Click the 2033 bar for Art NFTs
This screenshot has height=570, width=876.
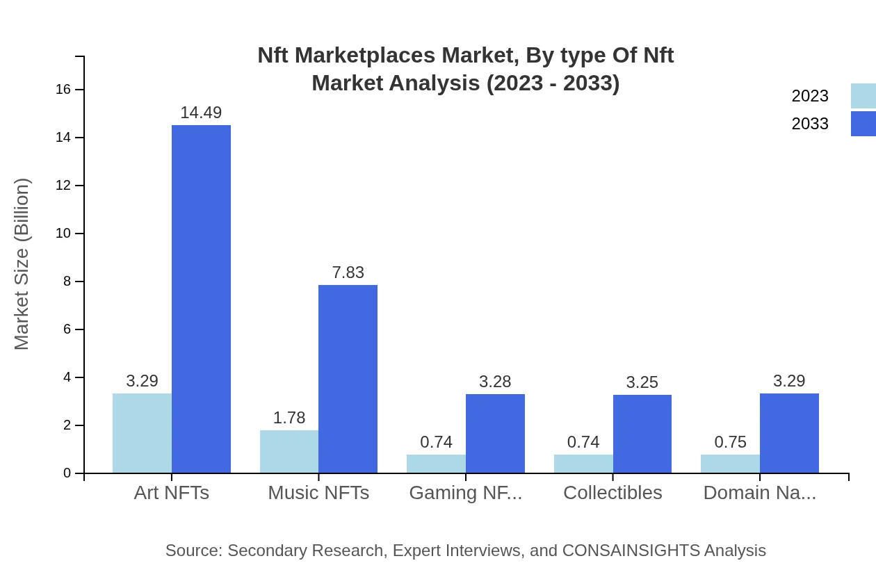201,299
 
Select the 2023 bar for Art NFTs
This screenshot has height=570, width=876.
142,433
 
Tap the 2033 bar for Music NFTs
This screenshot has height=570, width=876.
348,379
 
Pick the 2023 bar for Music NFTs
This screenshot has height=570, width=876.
289,451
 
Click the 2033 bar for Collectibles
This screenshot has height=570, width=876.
642,434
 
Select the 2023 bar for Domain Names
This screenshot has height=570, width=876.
730,464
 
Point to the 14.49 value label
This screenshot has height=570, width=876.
201,113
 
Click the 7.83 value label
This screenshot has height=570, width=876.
348,272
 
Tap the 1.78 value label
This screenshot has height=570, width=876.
289,418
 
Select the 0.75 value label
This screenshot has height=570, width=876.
730,442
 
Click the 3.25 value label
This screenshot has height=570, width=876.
642,382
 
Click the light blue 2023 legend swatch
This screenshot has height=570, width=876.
863,96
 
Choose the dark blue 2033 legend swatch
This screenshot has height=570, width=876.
863,124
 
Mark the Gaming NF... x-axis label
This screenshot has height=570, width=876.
465,493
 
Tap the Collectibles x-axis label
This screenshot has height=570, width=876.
613,493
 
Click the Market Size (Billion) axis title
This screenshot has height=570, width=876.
22,264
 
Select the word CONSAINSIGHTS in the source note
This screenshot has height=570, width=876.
630,551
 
